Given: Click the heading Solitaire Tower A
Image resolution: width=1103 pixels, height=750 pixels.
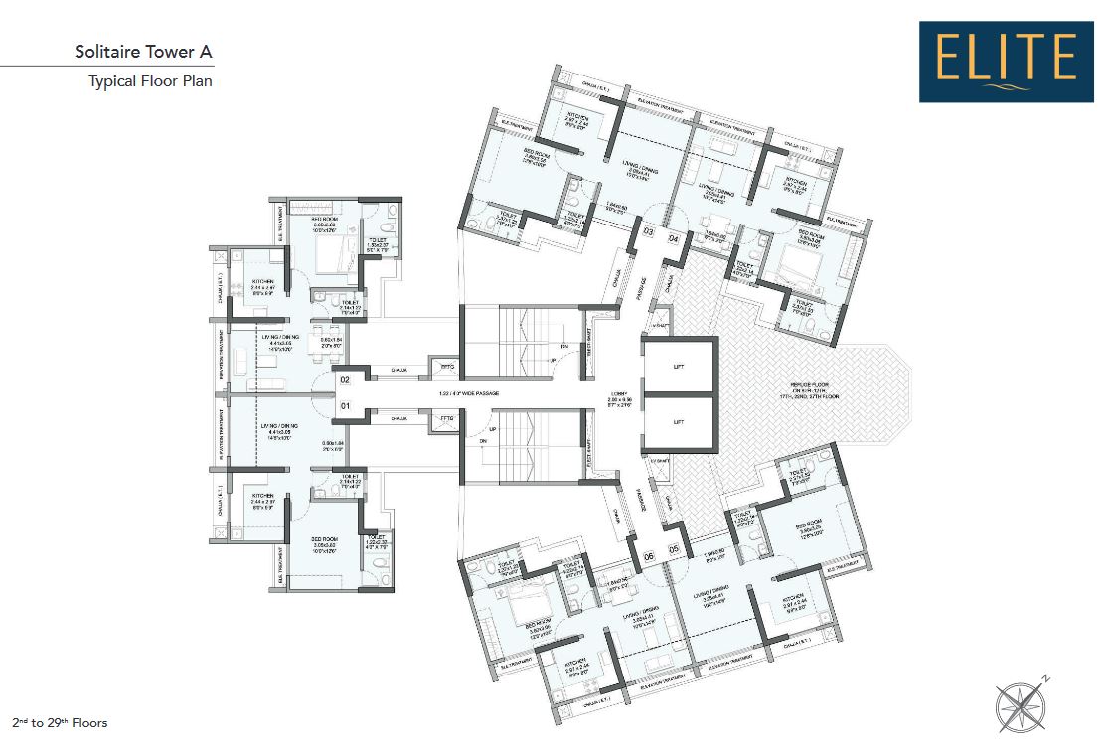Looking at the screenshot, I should pos(143,51).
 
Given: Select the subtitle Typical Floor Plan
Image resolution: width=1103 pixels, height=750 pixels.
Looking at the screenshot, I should pos(150,81).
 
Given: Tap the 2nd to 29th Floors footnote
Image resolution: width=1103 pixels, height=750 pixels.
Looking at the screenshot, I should pos(60,722).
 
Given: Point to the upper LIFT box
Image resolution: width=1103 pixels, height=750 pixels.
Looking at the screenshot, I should pos(679,367).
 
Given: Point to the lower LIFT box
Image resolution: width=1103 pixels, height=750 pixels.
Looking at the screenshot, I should pos(679,422).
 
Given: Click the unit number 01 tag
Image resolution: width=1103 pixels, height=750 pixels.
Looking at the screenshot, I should pos(346,405).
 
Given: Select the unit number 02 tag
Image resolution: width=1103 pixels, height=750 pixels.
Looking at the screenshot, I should pos(346,379).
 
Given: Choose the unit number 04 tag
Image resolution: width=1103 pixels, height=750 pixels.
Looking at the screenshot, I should pos(673,238).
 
